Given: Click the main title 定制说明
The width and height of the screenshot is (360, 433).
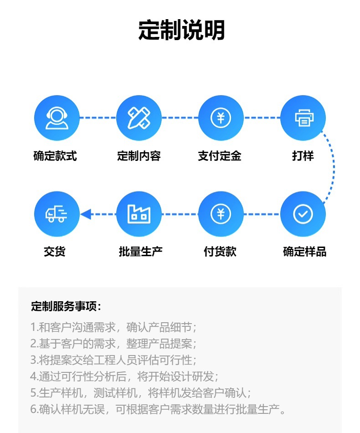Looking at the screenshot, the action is coord(181,31).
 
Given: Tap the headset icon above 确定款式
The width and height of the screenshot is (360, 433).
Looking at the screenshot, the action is coord(57,118).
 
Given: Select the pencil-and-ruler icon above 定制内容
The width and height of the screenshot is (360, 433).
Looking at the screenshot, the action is coord(139,118).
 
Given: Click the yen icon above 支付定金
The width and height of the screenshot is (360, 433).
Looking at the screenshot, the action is coord(221,118).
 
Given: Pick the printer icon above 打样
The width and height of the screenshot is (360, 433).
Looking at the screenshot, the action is coord(303,118).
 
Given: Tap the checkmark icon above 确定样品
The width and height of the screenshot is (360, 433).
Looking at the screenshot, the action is coord(303,214).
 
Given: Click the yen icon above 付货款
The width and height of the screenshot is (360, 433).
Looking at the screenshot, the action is coord(221,214).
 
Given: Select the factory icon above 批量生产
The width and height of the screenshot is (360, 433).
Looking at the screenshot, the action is coord(139,214).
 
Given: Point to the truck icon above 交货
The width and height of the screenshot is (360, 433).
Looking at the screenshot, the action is coord(57,214).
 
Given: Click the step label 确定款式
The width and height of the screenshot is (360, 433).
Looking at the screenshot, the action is coord(55,156).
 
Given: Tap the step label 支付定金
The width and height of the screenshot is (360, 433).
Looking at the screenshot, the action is coord(219,156).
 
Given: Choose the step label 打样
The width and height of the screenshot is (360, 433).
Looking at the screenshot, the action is coord(303,156).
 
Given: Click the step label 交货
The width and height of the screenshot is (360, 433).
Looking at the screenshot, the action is coord(55,251).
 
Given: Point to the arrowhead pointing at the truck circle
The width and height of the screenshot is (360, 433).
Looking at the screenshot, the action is coord(86,214).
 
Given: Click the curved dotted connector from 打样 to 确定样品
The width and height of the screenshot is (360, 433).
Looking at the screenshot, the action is coord(334,166).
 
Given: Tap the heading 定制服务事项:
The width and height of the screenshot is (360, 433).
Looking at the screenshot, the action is coord(66,306).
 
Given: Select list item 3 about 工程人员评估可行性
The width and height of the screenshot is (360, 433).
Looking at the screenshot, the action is coord(113,360).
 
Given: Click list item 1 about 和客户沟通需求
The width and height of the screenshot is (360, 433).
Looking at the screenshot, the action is coord(113,327).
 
